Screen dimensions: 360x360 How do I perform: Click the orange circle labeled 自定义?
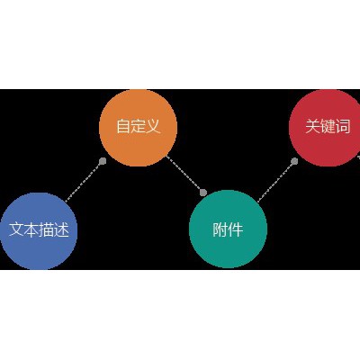[138, 128]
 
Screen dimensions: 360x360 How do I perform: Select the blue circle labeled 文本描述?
[39, 231]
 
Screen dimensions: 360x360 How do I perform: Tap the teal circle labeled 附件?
[228, 229]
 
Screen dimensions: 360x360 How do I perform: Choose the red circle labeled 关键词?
[327, 128]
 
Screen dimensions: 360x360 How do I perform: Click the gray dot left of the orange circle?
[103, 161]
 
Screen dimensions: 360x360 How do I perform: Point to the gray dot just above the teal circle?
[203, 193]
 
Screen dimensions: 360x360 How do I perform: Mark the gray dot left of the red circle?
[294, 161]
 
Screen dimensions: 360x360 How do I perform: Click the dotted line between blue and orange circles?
[84, 181]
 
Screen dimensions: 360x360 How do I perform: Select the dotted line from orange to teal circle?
[184, 175]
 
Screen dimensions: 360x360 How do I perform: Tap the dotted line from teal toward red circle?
[276, 181]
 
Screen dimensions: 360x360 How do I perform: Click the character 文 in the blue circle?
[16, 229]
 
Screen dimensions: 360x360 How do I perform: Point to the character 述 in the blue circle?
[61, 229]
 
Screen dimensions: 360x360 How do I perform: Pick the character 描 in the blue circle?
[47, 229]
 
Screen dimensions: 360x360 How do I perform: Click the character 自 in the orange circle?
[123, 126]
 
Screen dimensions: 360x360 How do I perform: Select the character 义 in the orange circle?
[153, 126]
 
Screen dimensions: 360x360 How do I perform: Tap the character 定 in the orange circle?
[138, 126]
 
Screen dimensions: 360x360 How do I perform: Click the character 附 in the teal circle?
[220, 229]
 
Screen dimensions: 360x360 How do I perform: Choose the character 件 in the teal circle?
[236, 229]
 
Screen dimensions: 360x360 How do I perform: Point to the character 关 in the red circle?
[313, 126]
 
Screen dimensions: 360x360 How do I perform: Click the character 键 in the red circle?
[328, 126]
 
